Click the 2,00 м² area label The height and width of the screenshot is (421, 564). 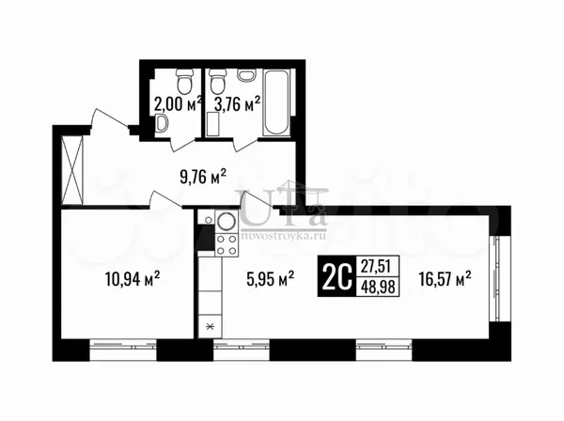(178, 105)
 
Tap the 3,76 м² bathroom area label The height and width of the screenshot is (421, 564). (237, 104)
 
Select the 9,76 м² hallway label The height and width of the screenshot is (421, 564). (203, 177)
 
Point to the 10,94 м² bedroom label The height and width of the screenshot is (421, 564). (133, 278)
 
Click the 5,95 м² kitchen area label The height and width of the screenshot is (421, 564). (271, 278)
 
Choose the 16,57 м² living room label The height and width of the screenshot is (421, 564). (445, 278)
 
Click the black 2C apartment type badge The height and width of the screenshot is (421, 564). (337, 276)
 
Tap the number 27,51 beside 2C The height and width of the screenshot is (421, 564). (375, 266)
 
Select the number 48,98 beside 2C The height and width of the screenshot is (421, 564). (378, 287)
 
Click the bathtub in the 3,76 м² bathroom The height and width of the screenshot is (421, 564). (276, 102)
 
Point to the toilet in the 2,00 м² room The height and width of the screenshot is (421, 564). (185, 80)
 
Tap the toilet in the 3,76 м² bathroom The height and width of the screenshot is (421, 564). (218, 80)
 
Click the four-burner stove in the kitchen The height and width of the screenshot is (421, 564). (227, 244)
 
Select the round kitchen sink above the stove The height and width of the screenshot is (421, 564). (227, 221)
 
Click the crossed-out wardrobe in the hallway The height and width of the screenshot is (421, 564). (72, 170)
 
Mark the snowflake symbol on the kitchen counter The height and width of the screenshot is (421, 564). (211, 326)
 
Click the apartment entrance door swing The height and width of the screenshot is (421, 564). (109, 119)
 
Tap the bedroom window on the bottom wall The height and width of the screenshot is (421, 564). (122, 346)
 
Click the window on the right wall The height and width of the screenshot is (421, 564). (496, 278)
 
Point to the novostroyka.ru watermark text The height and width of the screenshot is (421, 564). (284, 236)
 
